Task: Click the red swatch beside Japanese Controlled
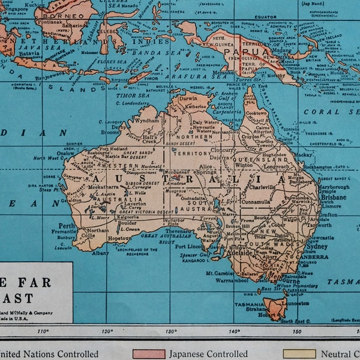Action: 148,354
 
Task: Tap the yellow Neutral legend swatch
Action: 298,354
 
